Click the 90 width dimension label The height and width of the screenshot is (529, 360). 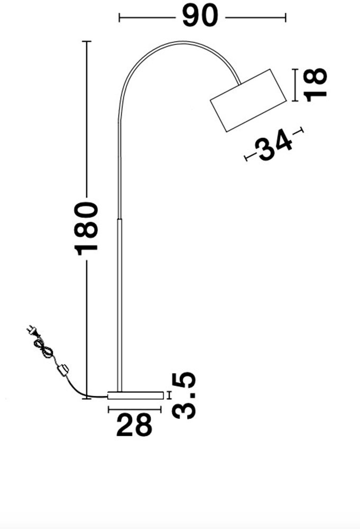click(200, 16)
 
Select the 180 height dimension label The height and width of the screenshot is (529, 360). click(87, 228)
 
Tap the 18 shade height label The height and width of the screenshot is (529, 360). click(316, 84)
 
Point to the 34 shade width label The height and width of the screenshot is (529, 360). click(273, 146)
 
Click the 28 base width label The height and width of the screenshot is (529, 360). click(134, 425)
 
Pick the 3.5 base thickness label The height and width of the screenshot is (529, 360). click(184, 395)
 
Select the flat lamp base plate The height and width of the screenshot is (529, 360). click(135, 395)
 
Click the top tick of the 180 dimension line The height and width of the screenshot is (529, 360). click(87, 41)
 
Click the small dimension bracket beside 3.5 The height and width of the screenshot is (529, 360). click(169, 395)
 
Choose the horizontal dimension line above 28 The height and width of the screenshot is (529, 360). click(134, 409)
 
